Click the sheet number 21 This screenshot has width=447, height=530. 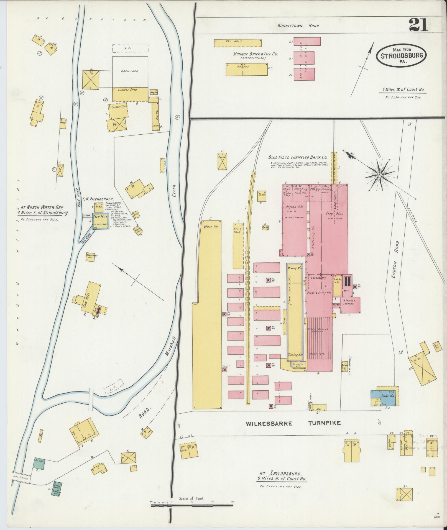coord(418,25)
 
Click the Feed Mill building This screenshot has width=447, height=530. coord(100,222)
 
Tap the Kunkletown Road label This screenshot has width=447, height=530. coord(298,25)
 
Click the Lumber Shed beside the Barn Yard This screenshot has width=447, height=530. coord(130,94)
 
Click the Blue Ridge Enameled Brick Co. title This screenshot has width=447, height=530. coord(297,157)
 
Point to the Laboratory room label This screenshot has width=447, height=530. coord(318,278)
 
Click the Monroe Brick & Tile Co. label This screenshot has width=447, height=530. coord(255,54)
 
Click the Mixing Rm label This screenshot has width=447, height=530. coord(294,268)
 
